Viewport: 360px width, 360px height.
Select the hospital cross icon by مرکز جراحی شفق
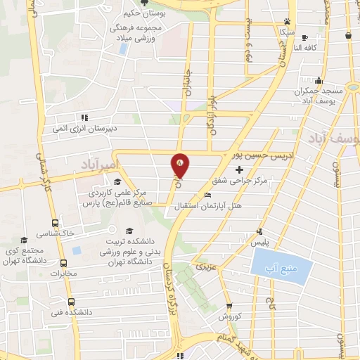pos(240,170)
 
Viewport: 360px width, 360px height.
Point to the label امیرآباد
pos(103,163)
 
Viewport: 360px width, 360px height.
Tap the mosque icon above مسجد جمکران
pos(319,80)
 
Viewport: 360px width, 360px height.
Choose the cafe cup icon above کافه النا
pos(304,37)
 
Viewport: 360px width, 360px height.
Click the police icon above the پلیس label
pos(260,231)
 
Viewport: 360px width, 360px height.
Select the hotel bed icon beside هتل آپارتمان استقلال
pos(207,195)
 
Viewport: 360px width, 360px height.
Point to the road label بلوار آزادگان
pos(210,112)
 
